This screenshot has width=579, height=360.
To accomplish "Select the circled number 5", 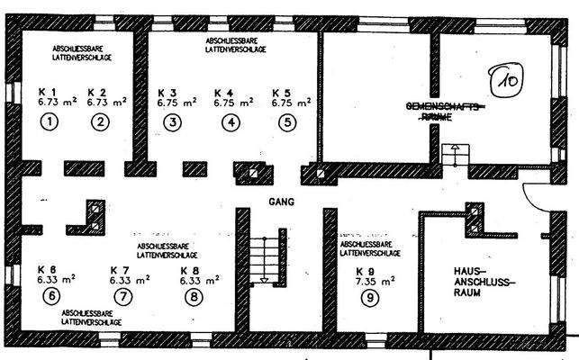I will click(286, 121).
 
